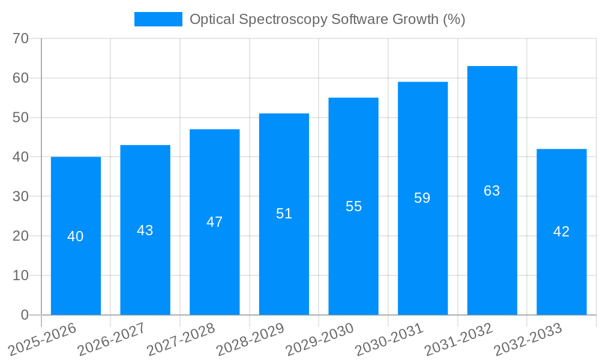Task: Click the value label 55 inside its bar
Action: click(353, 206)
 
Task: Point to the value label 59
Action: click(422, 198)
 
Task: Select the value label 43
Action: click(145, 230)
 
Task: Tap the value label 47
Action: click(214, 222)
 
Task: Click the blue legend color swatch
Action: click(158, 19)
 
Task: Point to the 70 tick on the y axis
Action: click(21, 38)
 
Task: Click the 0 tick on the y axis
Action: click(25, 315)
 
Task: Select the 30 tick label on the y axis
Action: click(21, 196)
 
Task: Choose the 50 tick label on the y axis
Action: click(21, 118)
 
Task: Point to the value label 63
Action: click(492, 191)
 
